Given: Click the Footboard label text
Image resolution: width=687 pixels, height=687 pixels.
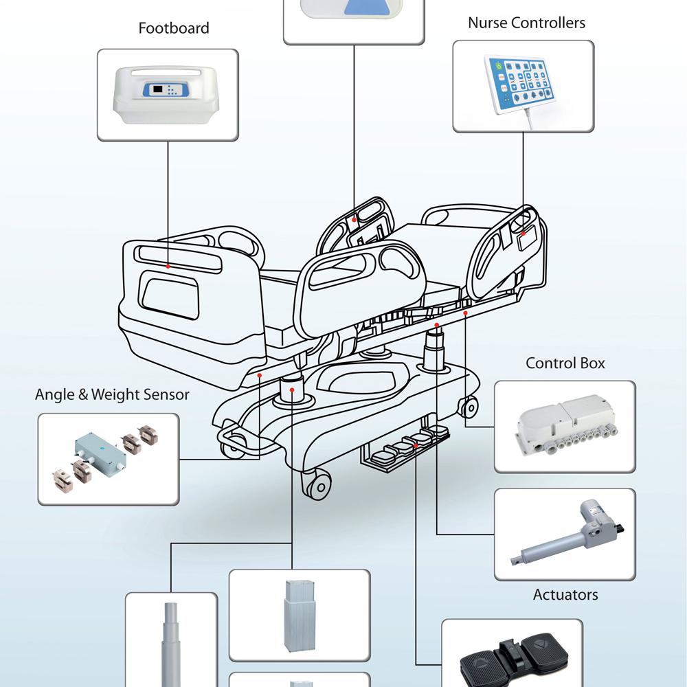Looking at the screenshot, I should [x=173, y=28].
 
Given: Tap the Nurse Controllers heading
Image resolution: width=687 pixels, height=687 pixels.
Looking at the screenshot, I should [x=526, y=23].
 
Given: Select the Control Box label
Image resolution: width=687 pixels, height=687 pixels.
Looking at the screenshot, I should [x=565, y=363].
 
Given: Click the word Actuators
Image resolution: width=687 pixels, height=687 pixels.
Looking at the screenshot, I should [x=565, y=594].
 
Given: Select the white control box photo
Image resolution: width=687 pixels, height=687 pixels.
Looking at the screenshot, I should [x=565, y=426].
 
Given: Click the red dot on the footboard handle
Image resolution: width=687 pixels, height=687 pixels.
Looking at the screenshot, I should [x=169, y=264].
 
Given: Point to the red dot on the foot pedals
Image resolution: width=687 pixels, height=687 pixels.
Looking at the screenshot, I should [x=416, y=447].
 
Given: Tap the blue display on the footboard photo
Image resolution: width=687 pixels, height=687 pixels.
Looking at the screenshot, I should [x=159, y=90].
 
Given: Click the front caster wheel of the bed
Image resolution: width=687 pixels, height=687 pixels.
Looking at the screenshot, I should [x=318, y=486].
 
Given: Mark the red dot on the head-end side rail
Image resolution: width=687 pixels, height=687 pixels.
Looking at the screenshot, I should [x=523, y=234].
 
